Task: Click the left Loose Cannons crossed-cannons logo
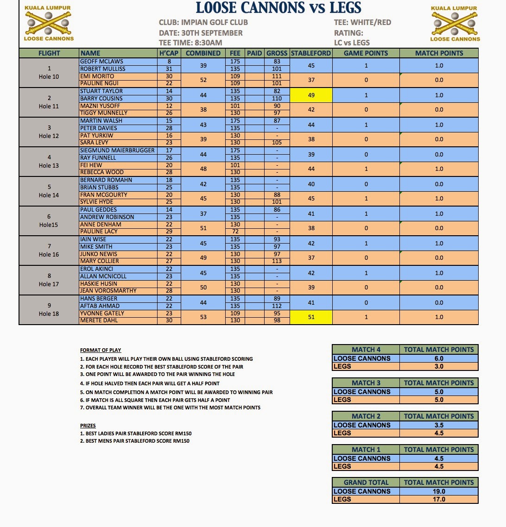point(48,23)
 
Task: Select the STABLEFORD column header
point(311,53)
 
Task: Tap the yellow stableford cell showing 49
point(311,95)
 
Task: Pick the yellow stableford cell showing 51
point(311,317)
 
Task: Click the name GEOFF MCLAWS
point(101,61)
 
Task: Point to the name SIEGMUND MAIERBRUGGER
point(117,150)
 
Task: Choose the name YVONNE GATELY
point(102,313)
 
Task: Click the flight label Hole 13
point(49,165)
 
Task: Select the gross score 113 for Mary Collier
point(277,261)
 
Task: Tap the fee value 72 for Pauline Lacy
point(235,232)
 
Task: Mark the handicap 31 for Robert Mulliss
point(169,69)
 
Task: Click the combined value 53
point(203,317)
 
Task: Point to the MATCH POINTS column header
point(439,53)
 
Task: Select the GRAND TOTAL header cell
point(366,483)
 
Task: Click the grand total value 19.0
point(439,491)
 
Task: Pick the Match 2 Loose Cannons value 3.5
point(439,425)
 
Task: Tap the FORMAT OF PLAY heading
point(101,350)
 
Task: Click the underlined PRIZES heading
point(88,426)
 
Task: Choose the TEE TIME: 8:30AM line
point(190,43)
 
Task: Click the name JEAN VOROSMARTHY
point(108,291)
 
